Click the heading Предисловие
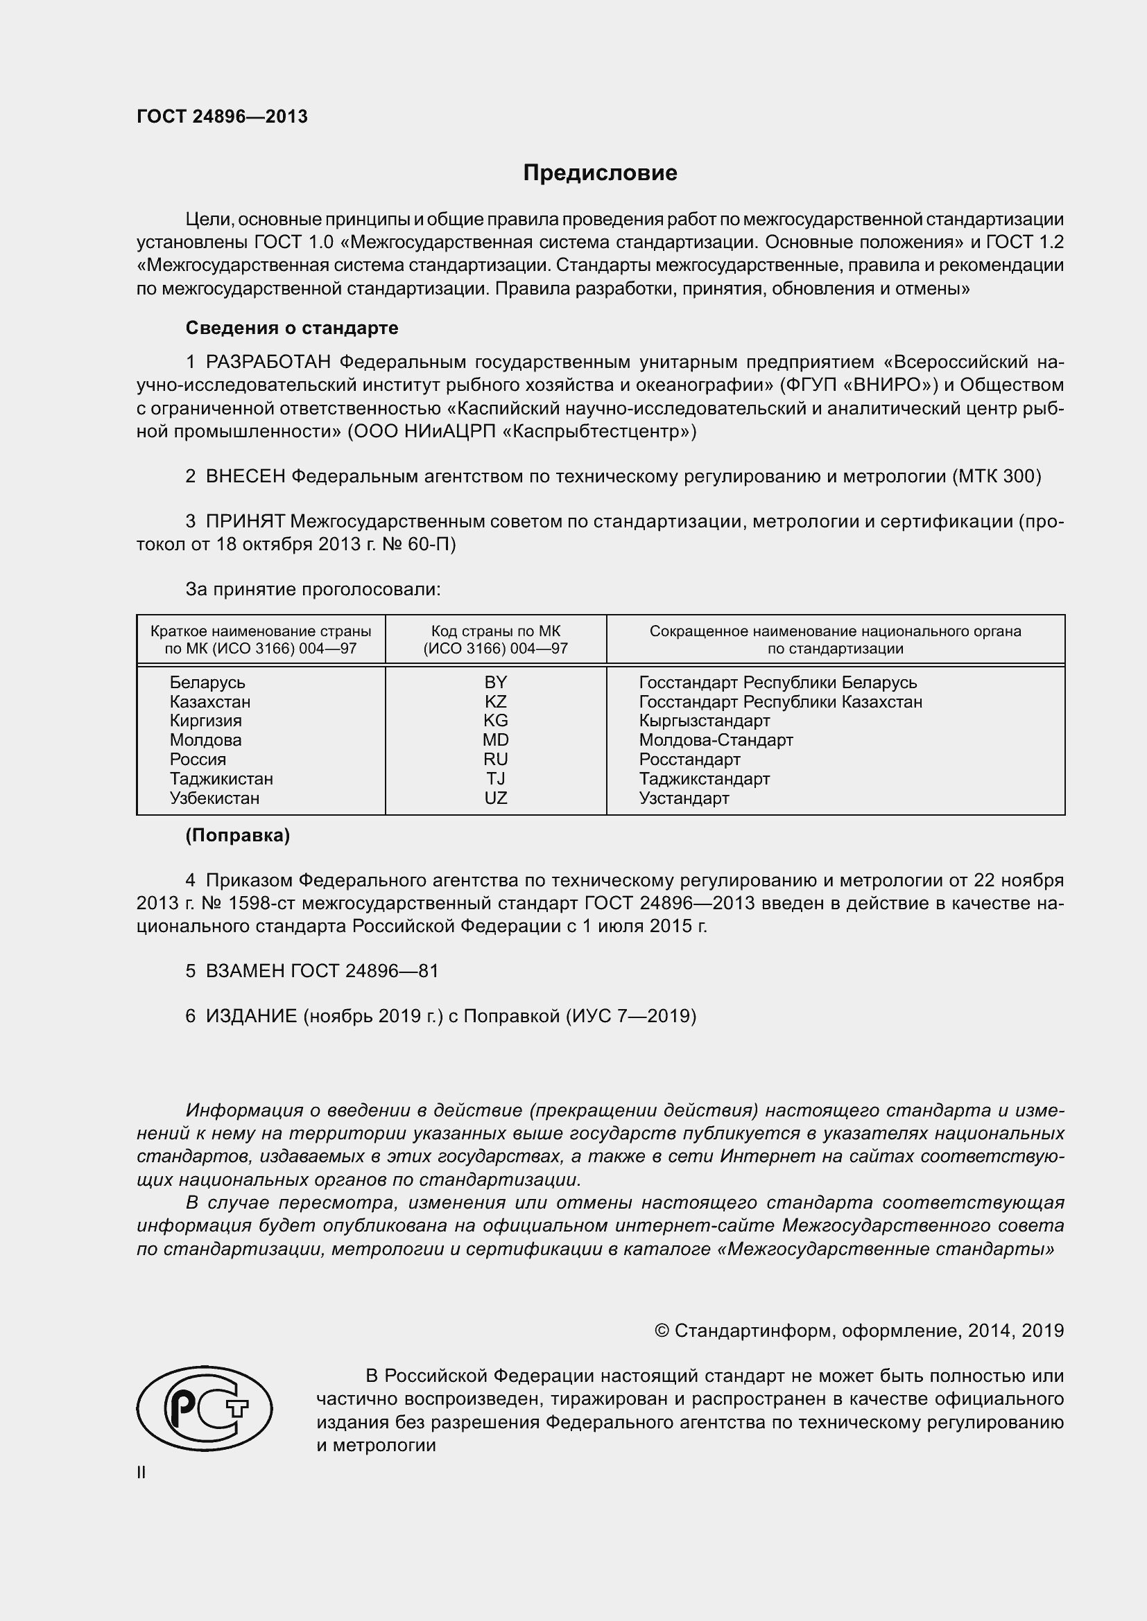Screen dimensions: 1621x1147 pos(600,173)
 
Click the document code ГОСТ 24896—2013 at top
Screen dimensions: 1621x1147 pos(222,117)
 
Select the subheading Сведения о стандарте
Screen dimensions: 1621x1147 pos(292,328)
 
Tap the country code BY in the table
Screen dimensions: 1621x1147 pos(495,682)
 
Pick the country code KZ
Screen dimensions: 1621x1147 pos(495,702)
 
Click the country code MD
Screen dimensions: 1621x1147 pos(495,740)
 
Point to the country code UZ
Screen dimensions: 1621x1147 pos(495,798)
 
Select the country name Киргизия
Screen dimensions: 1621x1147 pos(205,721)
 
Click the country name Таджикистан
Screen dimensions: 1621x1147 pos(221,779)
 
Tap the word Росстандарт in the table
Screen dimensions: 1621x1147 pos(689,760)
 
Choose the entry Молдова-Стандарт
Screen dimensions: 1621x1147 pos(716,740)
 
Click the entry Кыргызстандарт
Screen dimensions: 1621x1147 pos(704,721)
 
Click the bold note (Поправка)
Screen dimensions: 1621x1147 pos(237,836)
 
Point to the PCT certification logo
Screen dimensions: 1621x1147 pos(204,1408)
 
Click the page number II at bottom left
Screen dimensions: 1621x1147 pos(141,1473)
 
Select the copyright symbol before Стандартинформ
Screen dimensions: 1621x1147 pos(662,1331)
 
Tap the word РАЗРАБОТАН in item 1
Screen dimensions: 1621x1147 pos(268,362)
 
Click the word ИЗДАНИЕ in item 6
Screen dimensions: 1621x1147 pos(251,1016)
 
